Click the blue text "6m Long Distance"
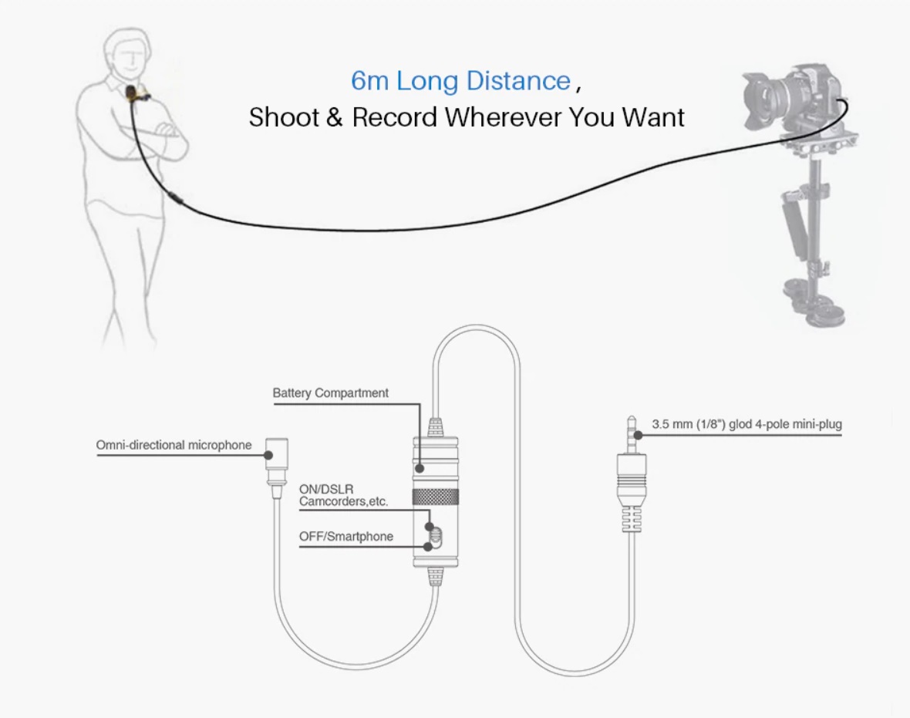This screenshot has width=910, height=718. [x=461, y=81]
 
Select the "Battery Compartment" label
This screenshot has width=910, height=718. [x=330, y=393]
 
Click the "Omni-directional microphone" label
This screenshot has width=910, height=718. [x=174, y=445]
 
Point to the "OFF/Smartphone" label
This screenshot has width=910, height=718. [x=346, y=536]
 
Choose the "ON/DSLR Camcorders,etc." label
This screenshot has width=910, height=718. [x=343, y=495]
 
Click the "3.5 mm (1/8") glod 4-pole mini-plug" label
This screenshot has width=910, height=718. [x=747, y=424]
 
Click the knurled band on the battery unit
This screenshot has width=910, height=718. [x=435, y=496]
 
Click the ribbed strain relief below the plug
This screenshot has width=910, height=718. [x=632, y=518]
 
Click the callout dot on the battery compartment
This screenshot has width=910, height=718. [x=420, y=468]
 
